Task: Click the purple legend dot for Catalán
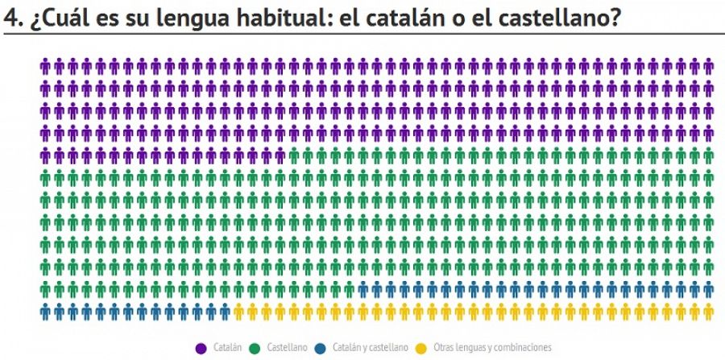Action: click(x=202, y=347)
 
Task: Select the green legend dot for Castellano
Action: click(x=255, y=347)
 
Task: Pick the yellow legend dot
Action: click(x=421, y=347)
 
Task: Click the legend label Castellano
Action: click(x=287, y=347)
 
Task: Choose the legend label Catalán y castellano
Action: click(x=370, y=347)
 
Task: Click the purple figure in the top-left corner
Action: click(x=47, y=65)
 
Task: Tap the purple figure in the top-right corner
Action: click(x=708, y=65)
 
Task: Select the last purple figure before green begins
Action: click(x=279, y=155)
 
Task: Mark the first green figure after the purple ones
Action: click(x=292, y=155)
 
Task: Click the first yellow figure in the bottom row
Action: click(x=239, y=311)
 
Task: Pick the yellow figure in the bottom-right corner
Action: click(x=708, y=311)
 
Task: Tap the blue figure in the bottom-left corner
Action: click(x=47, y=311)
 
